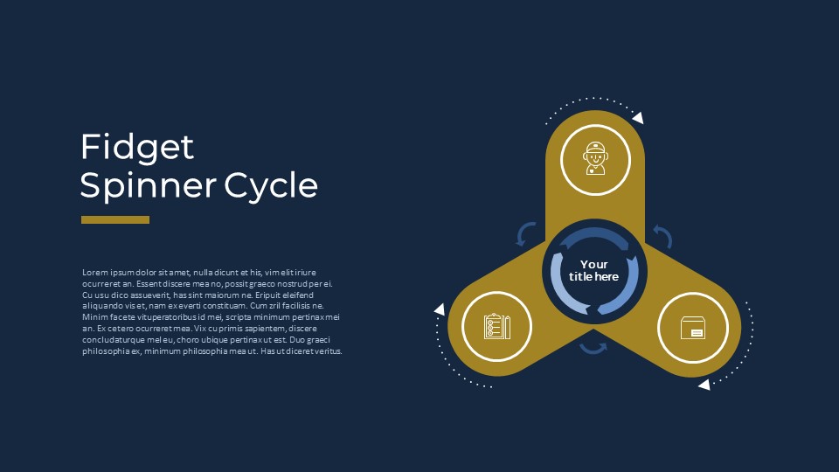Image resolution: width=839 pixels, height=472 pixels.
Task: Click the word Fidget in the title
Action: point(137,148)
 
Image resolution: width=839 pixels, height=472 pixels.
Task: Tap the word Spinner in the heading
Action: point(149,185)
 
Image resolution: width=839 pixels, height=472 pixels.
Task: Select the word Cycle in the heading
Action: point(271,185)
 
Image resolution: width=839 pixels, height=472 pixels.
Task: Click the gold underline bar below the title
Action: point(115,220)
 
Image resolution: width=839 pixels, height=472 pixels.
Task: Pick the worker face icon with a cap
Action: point(595,158)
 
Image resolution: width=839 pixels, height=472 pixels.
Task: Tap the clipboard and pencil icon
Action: point(497,326)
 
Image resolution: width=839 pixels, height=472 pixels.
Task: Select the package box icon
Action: point(693,328)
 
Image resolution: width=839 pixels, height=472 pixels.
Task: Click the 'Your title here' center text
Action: point(594,270)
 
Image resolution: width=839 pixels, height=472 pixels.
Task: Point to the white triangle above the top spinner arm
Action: point(638,118)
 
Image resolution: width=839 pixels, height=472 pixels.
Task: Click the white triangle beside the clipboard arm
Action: point(440,309)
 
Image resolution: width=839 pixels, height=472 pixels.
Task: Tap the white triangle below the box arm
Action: point(704,385)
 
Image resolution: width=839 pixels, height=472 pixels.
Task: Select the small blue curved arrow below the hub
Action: point(593,349)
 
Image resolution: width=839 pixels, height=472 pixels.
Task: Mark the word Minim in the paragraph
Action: point(94,317)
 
